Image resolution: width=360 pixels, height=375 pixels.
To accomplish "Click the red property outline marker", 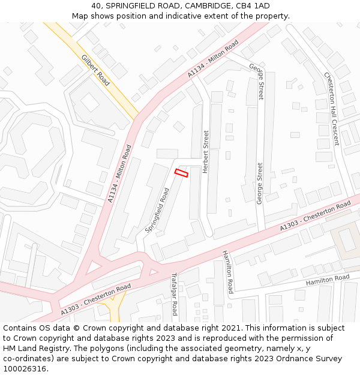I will coord(181,173).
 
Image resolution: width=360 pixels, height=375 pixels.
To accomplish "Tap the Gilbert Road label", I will coord(95,70).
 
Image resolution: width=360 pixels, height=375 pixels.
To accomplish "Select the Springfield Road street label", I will coord(157,210).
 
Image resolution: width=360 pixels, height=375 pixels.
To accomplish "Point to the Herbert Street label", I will coord(206,152).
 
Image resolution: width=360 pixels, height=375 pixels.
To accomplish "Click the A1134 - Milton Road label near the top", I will coord(213,59).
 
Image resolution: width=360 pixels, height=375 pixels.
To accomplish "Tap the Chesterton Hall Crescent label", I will coord(332,109).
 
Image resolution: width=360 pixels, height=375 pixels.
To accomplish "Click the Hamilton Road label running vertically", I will coord(228,272).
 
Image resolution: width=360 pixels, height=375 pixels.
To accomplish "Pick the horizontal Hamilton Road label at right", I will coord(328,280).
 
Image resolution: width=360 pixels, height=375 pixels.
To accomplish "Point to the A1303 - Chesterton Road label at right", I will coord(315,218).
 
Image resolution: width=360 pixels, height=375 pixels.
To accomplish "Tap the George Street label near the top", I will coord(257,82).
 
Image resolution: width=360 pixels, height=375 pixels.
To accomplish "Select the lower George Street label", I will coord(260,184).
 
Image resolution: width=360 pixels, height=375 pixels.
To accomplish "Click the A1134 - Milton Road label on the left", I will coord(119,173).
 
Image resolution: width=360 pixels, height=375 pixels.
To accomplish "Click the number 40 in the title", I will coord(97,5).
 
